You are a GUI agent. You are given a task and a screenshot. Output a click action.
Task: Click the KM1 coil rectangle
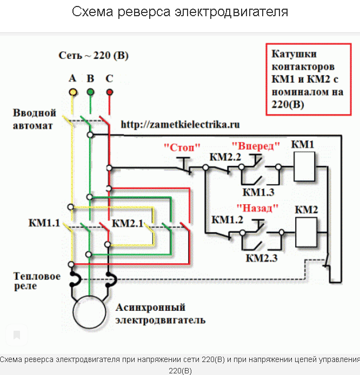(305, 166)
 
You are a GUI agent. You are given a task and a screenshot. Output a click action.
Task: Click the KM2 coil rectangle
(305, 231)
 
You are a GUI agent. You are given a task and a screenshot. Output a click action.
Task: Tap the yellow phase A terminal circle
(72, 92)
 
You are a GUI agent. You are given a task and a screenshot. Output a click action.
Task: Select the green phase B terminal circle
(90, 92)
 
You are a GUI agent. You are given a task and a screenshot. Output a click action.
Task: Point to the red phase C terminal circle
(109, 92)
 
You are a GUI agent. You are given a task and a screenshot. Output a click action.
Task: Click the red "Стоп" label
(182, 147)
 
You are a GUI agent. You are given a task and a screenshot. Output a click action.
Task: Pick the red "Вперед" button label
(256, 146)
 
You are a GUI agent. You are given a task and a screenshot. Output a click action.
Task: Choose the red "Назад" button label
(257, 207)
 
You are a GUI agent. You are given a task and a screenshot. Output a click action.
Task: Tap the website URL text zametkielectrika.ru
(180, 124)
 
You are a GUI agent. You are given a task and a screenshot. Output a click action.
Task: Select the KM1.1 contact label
(44, 223)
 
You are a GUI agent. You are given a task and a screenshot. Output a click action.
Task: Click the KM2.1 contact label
(127, 223)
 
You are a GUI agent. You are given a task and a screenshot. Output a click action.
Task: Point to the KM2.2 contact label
(225, 158)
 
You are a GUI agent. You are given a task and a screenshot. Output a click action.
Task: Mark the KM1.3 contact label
(258, 192)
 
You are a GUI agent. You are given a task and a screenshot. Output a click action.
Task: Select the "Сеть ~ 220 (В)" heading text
(94, 56)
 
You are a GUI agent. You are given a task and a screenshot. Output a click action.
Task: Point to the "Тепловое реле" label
(37, 281)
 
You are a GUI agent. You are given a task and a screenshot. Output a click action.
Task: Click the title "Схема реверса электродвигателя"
(180, 12)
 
